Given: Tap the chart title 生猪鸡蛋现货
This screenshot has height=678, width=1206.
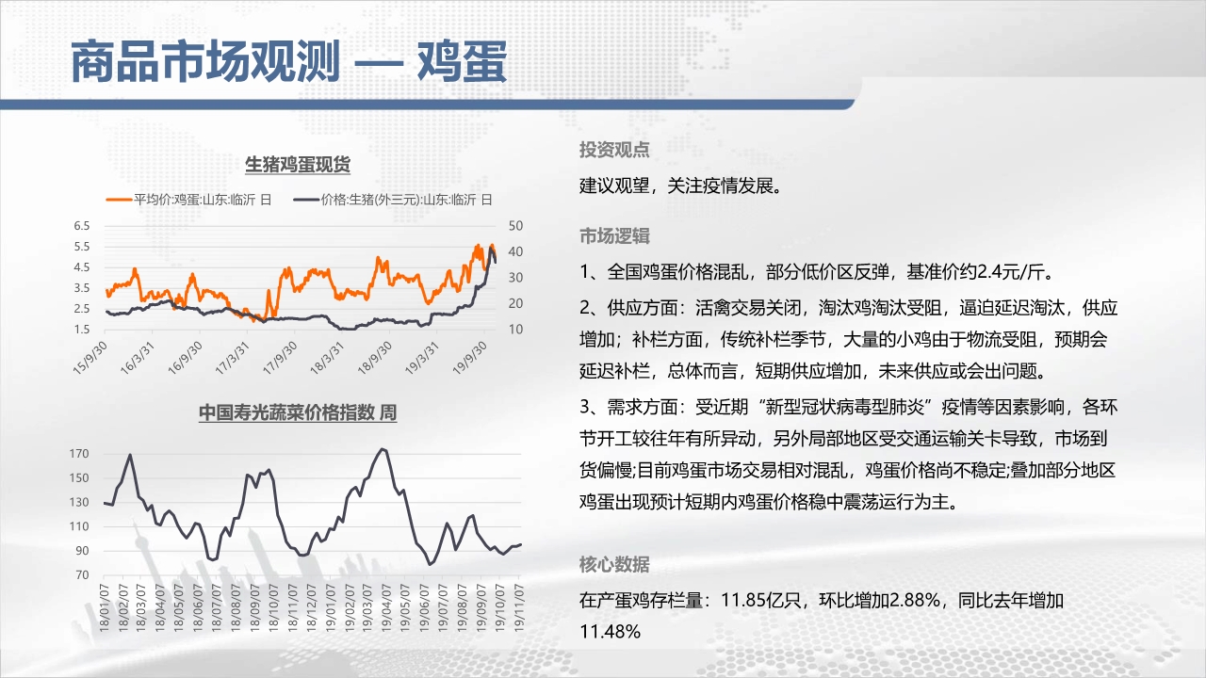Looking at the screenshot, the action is pos(298,165).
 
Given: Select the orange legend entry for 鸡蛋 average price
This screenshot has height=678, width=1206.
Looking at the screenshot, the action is pos(189,200).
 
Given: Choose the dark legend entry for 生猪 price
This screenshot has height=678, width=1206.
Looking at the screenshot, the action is pos(393,200).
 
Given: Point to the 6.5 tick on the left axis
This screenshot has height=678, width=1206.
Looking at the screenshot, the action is pos(82,225).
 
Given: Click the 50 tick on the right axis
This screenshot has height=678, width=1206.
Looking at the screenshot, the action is pos(515,225).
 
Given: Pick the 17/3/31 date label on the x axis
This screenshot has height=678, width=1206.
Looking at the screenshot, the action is pos(233,358).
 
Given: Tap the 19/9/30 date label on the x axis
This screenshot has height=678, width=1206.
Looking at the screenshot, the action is pos(470,358).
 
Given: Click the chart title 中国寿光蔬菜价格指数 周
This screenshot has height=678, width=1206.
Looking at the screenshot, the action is pos(298,412).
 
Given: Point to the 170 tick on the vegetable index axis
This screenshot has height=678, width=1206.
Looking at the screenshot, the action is pos(79,454).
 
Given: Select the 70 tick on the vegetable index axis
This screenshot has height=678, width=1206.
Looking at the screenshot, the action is pos(82,574).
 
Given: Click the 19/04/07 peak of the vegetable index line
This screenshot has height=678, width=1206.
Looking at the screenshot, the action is pos(383,449).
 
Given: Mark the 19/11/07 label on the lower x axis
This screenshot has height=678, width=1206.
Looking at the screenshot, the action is pos(519,607).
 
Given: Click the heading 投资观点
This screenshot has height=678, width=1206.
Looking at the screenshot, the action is pos(614,150).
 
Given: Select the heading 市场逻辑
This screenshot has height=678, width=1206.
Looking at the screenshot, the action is pos(614,235).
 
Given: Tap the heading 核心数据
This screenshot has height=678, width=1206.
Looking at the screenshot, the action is pos(614,564).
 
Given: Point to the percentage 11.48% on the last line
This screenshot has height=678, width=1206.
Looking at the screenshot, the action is pos(610,631).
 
